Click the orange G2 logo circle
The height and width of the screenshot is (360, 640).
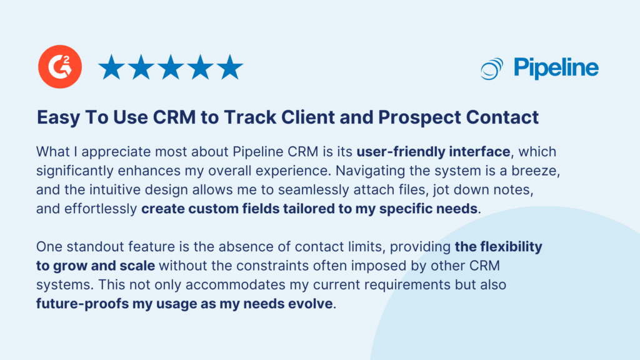click(x=57, y=67)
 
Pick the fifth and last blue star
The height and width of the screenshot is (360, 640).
click(x=229, y=67)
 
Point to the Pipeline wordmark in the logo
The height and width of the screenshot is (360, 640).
click(x=556, y=67)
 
